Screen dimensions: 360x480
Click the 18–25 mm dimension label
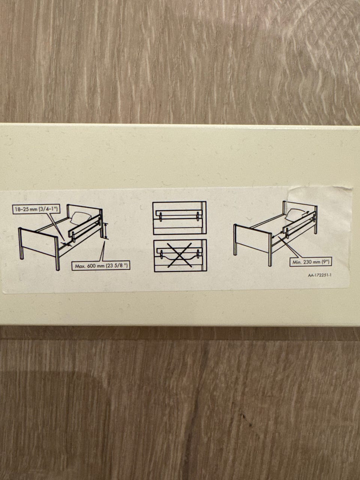click(x=36, y=209)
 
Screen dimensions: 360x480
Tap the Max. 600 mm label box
click(x=101, y=266)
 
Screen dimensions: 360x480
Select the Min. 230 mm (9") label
click(x=311, y=261)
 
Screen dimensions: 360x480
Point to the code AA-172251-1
click(x=319, y=275)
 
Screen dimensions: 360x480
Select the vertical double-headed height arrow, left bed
click(x=106, y=231)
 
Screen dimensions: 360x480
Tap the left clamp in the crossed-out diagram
click(x=162, y=255)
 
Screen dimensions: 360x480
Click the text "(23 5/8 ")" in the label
click(x=117, y=266)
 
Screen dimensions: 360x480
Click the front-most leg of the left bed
click(x=57, y=253)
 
